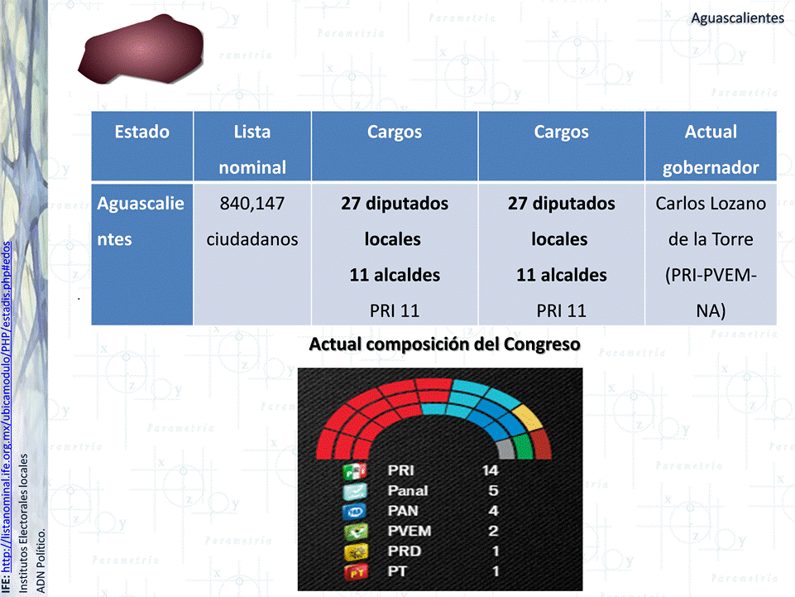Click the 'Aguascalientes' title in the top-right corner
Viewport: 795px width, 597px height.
737,18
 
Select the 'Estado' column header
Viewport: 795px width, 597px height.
142,132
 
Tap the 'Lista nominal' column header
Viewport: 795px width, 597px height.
252,149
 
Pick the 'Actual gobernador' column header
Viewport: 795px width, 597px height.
711,149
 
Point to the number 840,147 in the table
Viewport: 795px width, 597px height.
252,204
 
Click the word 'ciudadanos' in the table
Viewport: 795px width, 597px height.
252,239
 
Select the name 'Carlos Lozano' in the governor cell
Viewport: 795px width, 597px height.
711,204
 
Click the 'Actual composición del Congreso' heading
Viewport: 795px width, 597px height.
444,344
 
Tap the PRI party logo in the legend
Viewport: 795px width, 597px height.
355,471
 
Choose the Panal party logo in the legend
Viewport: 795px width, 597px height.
355,491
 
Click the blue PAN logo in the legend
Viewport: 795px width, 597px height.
355,511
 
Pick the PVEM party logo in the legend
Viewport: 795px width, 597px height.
355,532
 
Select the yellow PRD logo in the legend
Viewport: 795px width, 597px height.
355,551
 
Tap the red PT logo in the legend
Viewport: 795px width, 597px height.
355,572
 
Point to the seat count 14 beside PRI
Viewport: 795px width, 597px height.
491,470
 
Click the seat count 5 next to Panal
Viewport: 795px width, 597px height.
493,490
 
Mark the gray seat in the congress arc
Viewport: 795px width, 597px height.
505,450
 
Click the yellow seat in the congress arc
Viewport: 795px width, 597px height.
528,418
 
